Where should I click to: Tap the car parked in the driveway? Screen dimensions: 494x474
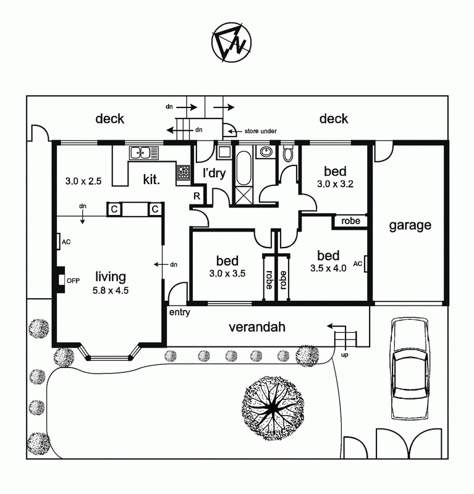point(410,369)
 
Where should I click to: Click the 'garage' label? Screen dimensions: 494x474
point(410,225)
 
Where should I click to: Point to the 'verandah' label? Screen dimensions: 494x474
point(257,327)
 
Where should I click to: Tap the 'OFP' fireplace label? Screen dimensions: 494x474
point(74,280)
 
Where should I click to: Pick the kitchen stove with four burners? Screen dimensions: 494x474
point(184,173)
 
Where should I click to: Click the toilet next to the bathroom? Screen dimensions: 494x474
point(288,153)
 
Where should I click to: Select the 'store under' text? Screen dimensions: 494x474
point(260,131)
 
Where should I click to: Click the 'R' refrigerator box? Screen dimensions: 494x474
point(197,196)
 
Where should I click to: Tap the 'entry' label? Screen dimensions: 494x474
point(179,312)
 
